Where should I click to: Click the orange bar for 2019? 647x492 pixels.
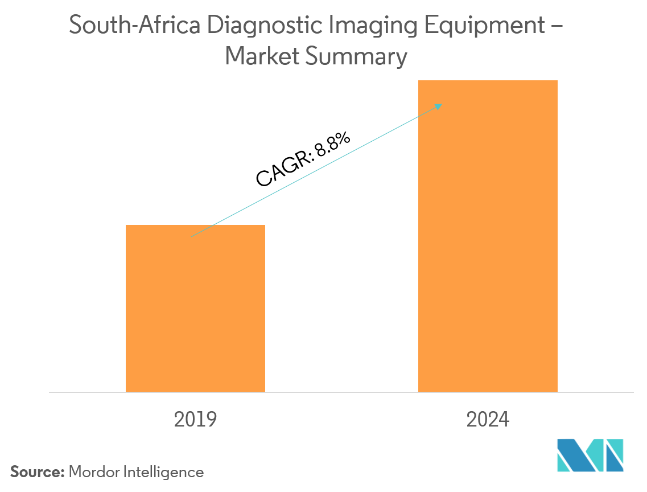(x=195, y=308)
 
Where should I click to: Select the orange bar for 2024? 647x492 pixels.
(x=488, y=236)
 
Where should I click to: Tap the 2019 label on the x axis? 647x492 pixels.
(x=195, y=420)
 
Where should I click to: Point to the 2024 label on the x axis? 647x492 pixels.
(x=488, y=420)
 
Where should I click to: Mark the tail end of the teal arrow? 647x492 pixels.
(x=192, y=236)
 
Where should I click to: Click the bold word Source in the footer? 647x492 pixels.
(x=37, y=471)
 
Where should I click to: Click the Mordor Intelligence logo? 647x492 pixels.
(x=590, y=455)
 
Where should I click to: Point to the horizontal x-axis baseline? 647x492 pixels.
(x=341, y=392)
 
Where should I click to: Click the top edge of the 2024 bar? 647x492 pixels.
(x=488, y=81)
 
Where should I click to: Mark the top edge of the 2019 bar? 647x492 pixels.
(x=195, y=225)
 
